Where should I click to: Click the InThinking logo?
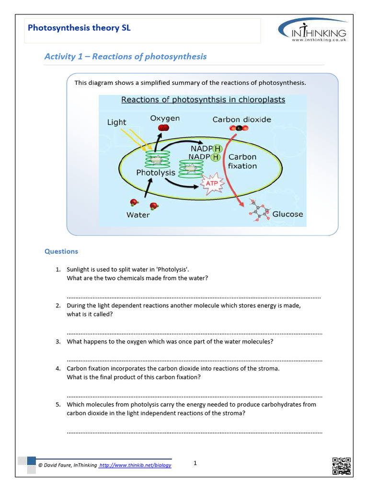312,31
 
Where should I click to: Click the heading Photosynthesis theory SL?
79,28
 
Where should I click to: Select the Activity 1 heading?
126,57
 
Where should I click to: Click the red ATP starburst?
211,183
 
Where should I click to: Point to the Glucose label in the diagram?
287,214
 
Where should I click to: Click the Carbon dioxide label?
241,119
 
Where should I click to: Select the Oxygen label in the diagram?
165,118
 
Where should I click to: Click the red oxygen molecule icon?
164,128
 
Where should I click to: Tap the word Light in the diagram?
116,122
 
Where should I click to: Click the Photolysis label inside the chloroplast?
156,172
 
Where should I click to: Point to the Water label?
138,215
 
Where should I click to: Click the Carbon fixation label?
242,161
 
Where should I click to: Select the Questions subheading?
61,251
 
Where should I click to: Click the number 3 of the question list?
57,342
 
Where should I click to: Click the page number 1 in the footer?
195,463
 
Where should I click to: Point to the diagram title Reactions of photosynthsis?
203,100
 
